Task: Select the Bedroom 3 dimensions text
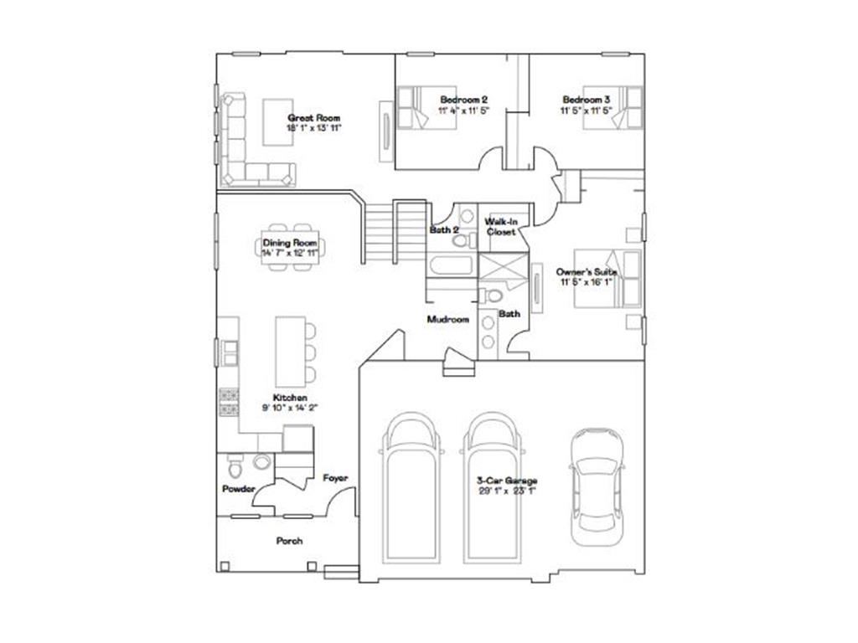point(587,110)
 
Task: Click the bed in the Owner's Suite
point(608,280)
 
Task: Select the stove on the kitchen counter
point(228,402)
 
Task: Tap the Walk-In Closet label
point(501,226)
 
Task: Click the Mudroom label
point(447,319)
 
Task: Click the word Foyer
point(335,478)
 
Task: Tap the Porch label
point(289,541)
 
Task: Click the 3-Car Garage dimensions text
point(506,491)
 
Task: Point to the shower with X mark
point(499,270)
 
